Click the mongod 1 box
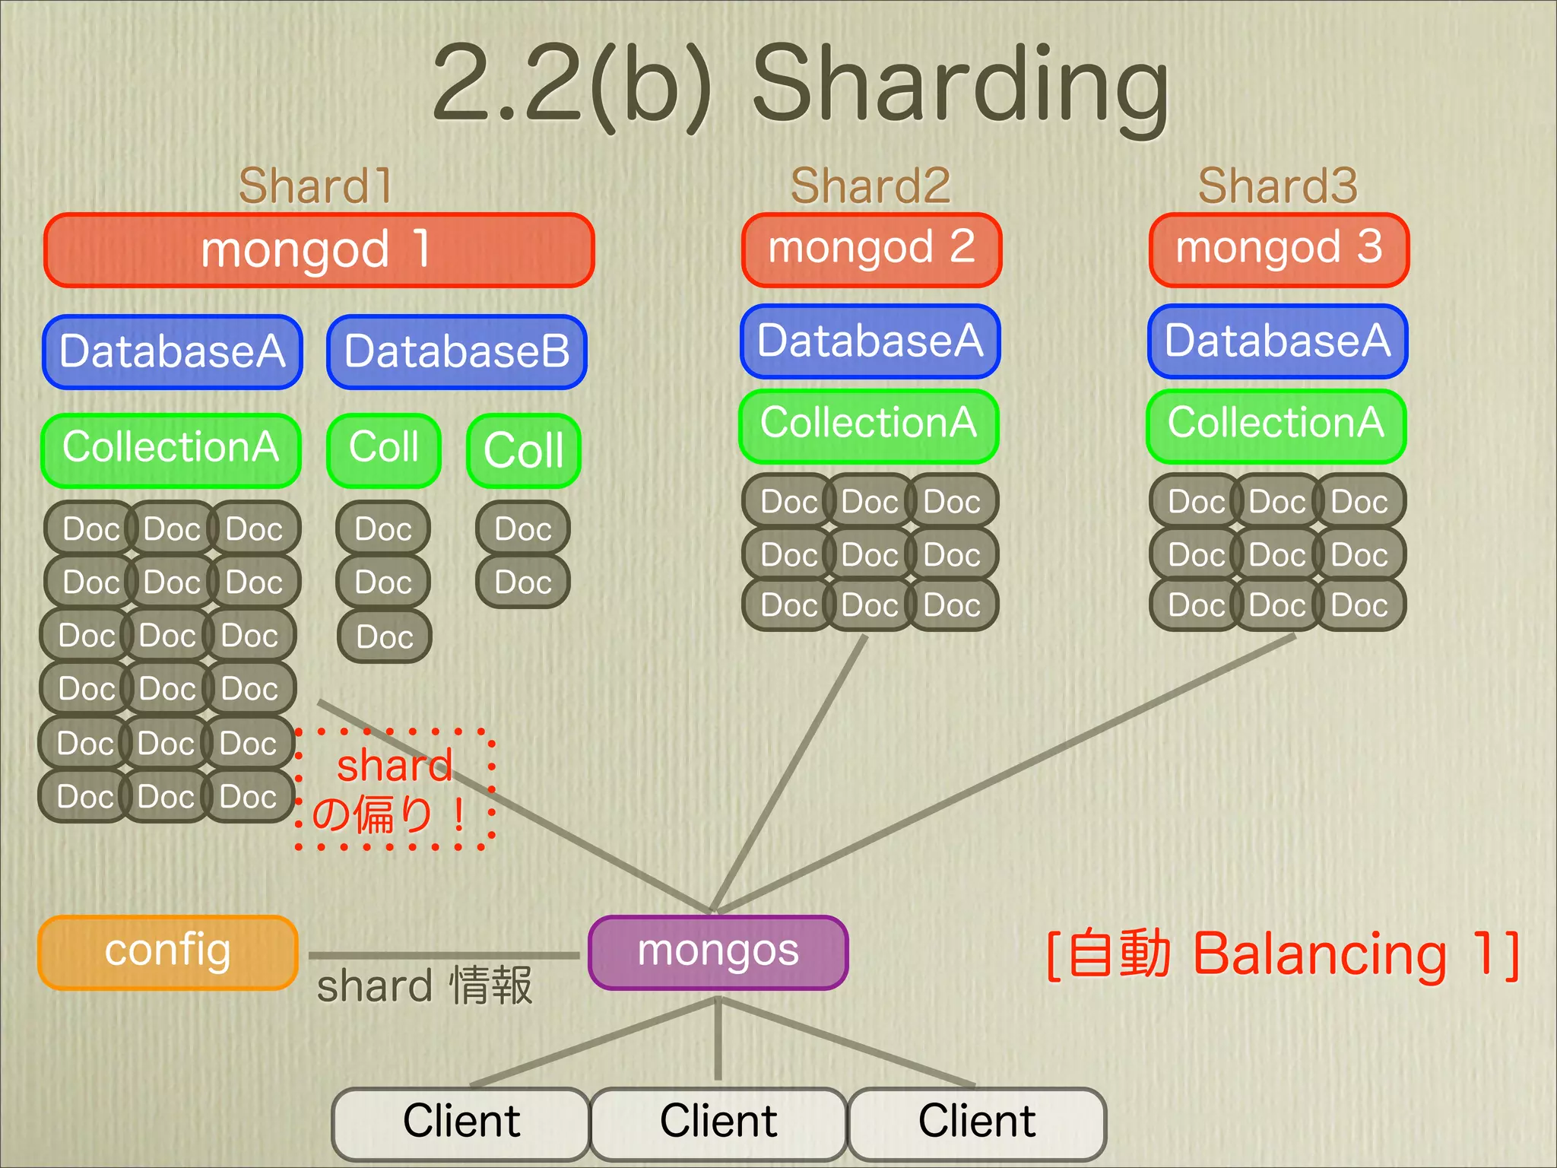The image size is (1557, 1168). click(319, 250)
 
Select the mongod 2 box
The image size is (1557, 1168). click(871, 249)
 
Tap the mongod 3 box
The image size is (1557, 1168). click(1279, 249)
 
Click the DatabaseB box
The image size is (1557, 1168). click(457, 351)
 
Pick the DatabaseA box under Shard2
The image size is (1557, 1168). click(870, 341)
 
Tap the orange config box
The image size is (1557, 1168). click(167, 952)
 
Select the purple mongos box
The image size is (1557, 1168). click(718, 952)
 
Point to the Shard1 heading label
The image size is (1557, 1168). click(316, 186)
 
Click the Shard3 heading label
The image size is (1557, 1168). click(1277, 186)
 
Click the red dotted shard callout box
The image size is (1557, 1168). click(395, 789)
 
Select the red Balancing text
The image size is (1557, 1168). click(1320, 955)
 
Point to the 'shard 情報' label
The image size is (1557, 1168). click(424, 987)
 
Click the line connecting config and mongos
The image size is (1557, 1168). click(444, 955)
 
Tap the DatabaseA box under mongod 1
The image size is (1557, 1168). click(173, 351)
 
